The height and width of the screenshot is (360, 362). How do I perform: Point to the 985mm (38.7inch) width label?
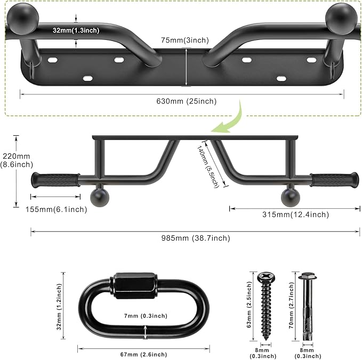pos(197,238)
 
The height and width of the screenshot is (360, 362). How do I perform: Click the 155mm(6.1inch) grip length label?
pos(56,209)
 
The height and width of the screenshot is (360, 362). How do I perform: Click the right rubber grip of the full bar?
pos(334,180)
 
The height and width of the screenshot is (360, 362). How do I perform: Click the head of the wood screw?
pos(264,277)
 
